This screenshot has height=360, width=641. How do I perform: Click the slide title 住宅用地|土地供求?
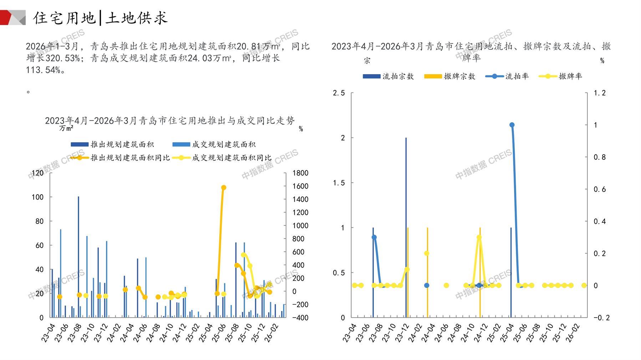[100, 18]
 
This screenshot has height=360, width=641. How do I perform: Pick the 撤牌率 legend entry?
[570, 76]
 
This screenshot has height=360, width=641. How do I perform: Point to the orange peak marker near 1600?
[224, 187]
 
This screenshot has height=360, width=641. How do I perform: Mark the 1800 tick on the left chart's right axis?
[300, 173]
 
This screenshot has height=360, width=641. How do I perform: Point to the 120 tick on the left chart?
[37, 173]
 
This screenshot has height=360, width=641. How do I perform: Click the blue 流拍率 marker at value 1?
[512, 125]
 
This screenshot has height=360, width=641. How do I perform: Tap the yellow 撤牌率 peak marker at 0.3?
[479, 237]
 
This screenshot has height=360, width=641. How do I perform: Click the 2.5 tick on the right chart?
[339, 93]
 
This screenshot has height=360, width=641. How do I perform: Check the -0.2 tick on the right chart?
[601, 318]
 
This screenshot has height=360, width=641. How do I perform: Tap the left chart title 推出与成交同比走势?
[170, 121]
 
